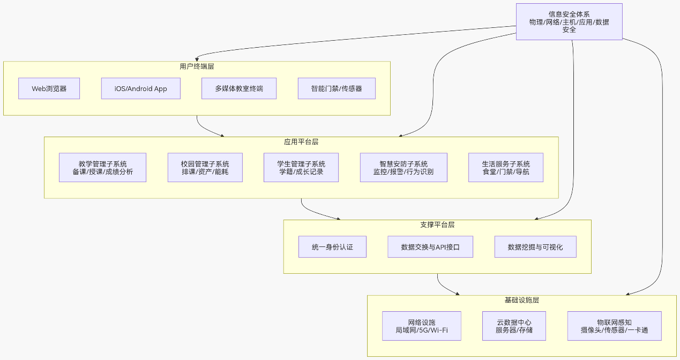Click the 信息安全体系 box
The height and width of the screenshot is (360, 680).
(569, 21)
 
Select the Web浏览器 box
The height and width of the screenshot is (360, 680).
(49, 88)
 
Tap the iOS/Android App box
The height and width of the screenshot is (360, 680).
(140, 88)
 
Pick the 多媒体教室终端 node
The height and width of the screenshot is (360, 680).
(239, 88)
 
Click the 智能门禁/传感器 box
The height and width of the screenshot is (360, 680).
(337, 88)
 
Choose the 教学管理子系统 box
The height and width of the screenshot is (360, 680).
(102, 168)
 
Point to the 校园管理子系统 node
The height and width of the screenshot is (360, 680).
(205, 168)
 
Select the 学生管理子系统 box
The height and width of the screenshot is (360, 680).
(301, 168)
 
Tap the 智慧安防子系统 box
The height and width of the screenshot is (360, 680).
(403, 168)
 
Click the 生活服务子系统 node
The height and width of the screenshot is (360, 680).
(505, 168)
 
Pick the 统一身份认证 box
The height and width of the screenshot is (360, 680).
(332, 247)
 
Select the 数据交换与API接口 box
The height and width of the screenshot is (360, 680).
(430, 247)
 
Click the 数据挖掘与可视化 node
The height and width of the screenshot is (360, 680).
(535, 247)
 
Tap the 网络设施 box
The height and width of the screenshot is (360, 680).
(421, 326)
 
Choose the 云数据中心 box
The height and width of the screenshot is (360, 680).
(514, 326)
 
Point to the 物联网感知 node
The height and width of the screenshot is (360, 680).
(614, 326)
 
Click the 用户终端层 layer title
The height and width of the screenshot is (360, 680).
(197, 66)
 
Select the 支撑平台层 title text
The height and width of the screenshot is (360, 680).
(437, 225)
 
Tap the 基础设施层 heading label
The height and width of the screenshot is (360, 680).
(521, 300)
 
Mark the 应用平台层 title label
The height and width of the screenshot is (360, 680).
(301, 142)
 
